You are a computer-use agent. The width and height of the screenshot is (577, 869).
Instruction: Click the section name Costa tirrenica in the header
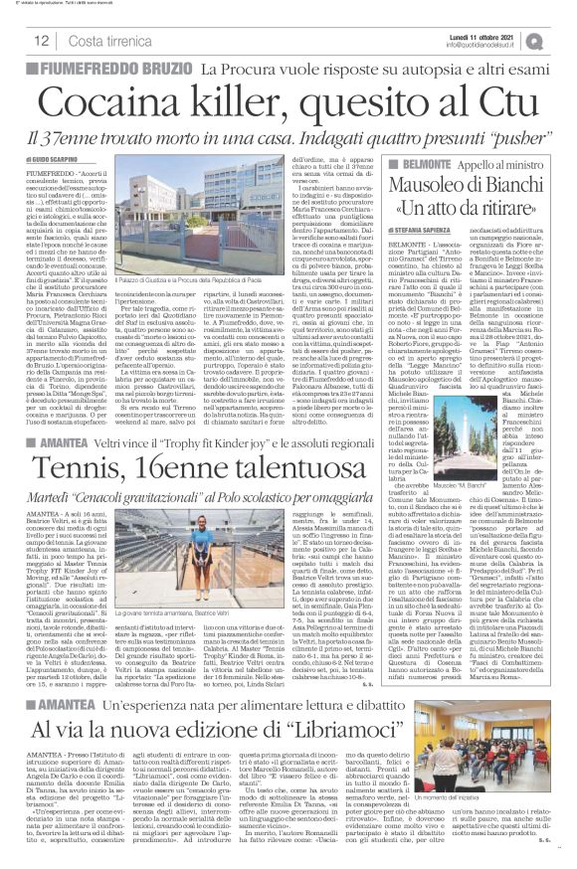tap(105, 40)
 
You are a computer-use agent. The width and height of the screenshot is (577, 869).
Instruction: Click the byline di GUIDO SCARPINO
tap(50, 160)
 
